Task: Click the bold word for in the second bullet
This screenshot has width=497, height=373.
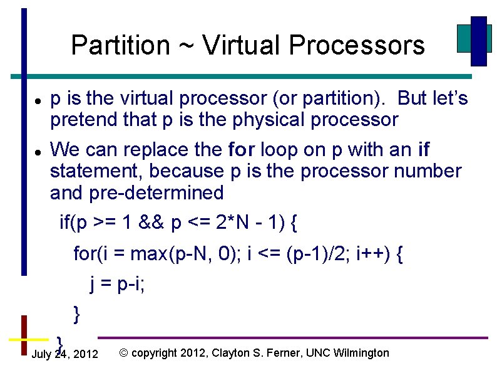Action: tap(242, 150)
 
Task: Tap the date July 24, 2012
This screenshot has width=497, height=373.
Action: tap(64, 355)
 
